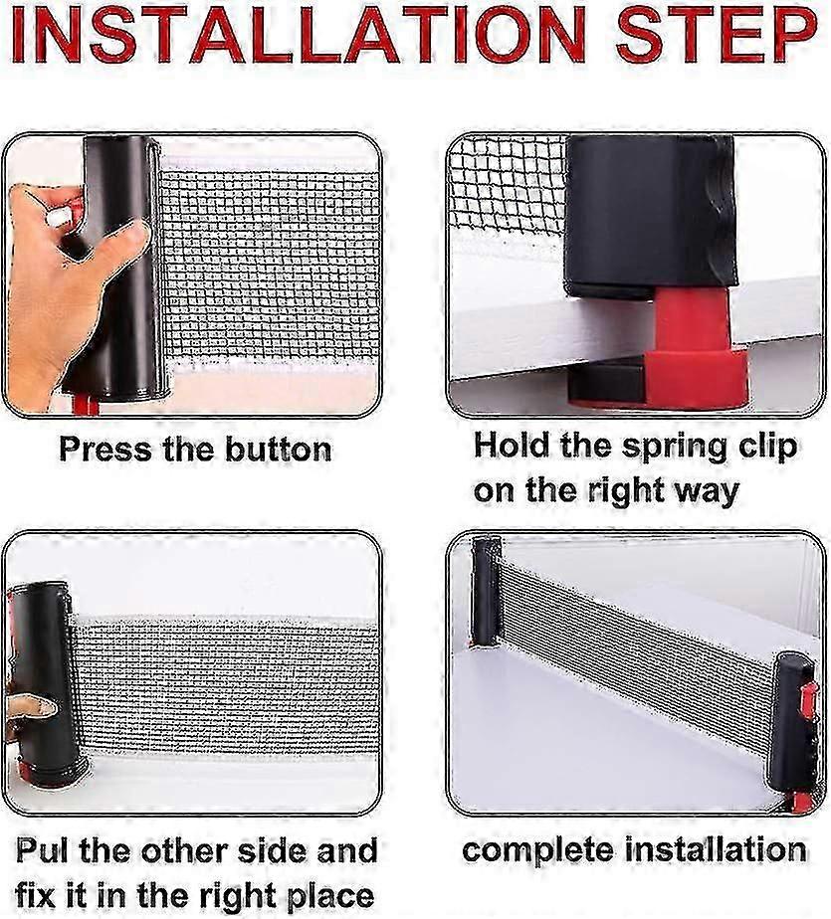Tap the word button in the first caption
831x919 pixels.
(x=278, y=450)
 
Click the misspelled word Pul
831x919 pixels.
(x=43, y=850)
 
